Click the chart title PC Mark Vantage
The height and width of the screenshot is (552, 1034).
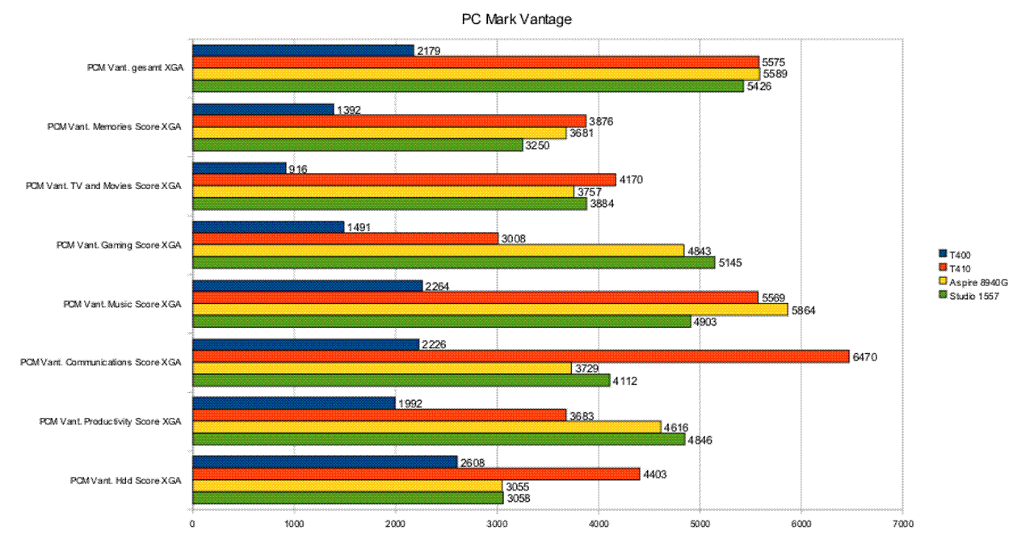click(x=516, y=19)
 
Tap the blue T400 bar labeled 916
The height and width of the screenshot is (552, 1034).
click(x=239, y=168)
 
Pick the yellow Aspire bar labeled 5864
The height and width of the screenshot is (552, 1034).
click(x=490, y=310)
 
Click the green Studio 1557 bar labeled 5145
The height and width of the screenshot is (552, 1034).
click(x=453, y=263)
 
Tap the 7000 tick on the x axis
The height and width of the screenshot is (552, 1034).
click(x=902, y=524)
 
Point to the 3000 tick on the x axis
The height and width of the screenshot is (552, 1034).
click(x=497, y=524)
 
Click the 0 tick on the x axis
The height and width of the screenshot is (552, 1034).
click(x=192, y=524)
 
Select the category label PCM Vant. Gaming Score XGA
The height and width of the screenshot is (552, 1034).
click(x=120, y=245)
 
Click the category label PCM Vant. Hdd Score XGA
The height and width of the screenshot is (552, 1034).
click(x=126, y=481)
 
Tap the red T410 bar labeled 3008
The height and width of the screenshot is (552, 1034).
click(x=345, y=238)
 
